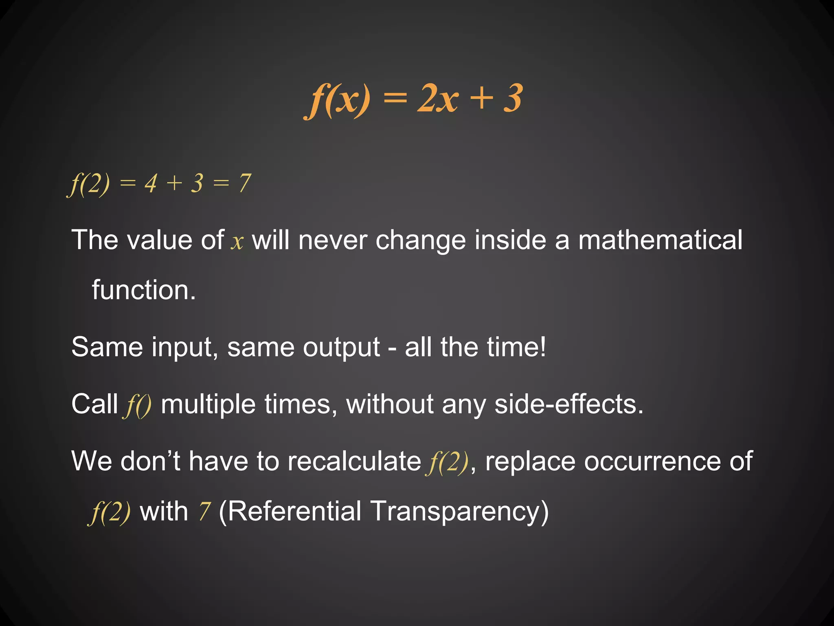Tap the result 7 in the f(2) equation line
244,183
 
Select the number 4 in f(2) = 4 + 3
151,183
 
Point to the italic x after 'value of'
237,242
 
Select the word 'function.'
144,290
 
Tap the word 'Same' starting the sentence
107,347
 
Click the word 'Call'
94,404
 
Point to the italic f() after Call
137,406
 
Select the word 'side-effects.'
569,404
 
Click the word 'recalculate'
354,461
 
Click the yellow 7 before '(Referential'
205,512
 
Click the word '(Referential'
290,512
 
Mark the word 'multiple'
208,405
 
